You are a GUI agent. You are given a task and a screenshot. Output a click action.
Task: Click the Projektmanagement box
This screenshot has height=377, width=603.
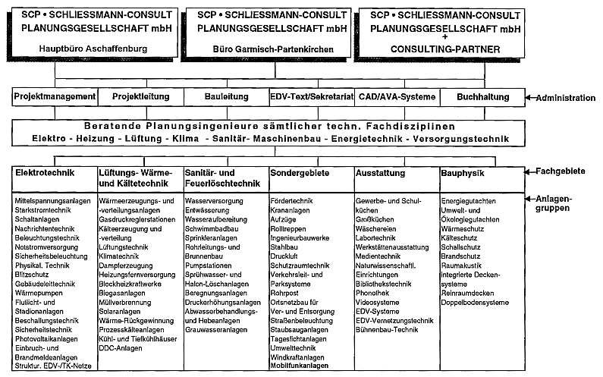pos(55,97)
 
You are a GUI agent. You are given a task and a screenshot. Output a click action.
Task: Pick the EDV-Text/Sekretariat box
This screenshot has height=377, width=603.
pos(312,97)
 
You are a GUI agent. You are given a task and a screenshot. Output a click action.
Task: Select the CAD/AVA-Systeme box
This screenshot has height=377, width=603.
pos(397,97)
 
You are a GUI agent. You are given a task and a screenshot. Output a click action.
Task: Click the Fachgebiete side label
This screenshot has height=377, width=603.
pos(565,172)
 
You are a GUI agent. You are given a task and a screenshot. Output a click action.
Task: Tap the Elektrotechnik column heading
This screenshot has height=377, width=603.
pos(45,173)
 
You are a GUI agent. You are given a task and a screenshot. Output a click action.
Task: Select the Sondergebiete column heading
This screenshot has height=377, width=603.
pos(298,173)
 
